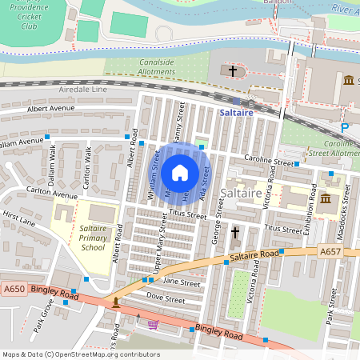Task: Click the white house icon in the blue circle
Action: [x=180, y=173]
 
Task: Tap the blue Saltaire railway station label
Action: [x=236, y=114]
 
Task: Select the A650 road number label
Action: [x=14, y=289]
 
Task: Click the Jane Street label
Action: [x=181, y=282]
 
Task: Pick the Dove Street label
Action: [x=168, y=300]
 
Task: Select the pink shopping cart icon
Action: [x=153, y=324]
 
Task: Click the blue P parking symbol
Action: [x=345, y=128]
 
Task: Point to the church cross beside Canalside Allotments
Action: [x=233, y=71]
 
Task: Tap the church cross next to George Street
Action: [x=235, y=233]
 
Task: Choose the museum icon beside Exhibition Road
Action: [x=326, y=198]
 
